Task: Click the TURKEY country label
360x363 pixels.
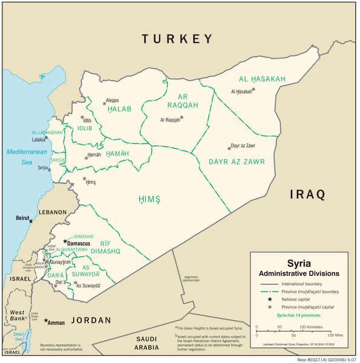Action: tap(177, 39)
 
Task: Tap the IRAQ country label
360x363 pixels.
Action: tap(307, 194)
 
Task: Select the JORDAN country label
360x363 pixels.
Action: tap(91, 320)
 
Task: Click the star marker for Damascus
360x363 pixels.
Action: tap(65, 241)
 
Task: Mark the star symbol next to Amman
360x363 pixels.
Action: tap(46, 320)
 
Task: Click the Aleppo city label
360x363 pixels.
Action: tap(112, 100)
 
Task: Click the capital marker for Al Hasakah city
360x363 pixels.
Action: tap(254, 90)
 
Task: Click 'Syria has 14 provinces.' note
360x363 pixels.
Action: tap(299, 315)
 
